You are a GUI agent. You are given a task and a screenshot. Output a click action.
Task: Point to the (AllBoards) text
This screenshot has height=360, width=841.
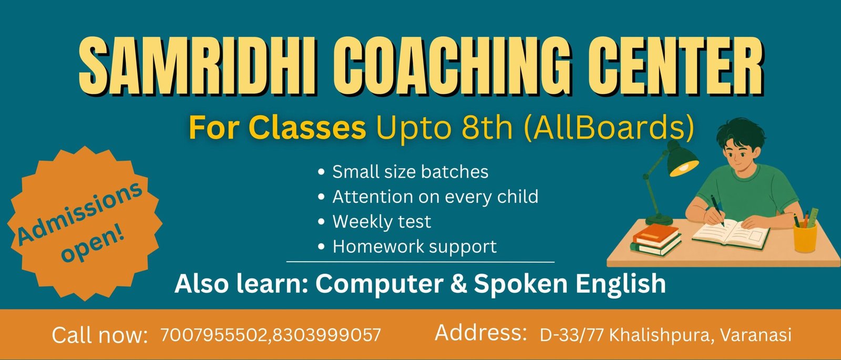(608, 128)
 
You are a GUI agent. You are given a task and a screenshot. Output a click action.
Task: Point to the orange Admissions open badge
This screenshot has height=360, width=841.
(85, 224)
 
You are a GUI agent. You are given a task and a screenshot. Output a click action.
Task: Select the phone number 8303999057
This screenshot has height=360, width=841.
(326, 335)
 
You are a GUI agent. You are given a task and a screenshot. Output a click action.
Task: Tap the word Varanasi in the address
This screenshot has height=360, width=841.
(756, 335)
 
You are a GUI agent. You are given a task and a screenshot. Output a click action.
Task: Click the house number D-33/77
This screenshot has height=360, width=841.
(572, 335)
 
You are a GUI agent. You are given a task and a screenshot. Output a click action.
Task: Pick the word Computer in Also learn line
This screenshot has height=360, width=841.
(379, 284)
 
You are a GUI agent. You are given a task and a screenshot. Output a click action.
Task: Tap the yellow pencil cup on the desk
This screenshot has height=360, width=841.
(806, 237)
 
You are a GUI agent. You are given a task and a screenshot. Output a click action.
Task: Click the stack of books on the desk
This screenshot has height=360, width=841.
(657, 240)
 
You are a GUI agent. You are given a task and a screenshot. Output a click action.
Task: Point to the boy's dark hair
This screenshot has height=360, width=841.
(740, 133)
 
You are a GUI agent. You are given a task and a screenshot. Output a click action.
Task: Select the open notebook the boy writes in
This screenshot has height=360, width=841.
(731, 234)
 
